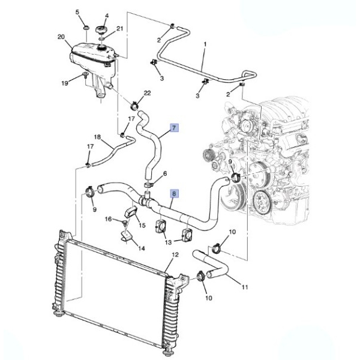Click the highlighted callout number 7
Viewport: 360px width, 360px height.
click(174, 128)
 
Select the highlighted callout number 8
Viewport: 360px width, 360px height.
click(174, 194)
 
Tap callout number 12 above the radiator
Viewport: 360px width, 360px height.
click(175, 254)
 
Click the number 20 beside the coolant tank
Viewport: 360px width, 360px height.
click(61, 37)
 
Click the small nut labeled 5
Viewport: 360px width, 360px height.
click(86, 28)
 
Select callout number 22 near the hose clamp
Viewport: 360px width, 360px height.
click(147, 93)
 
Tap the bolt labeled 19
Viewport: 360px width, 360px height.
click(85, 74)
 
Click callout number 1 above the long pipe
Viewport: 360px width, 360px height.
click(205, 44)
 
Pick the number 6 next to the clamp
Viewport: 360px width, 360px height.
click(165, 173)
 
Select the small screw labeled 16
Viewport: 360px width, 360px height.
click(124, 222)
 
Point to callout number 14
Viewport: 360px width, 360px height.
click(142, 248)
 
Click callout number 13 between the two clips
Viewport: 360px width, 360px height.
click(168, 242)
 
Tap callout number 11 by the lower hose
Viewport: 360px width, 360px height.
click(245, 287)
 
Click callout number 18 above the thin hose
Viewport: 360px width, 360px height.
click(97, 137)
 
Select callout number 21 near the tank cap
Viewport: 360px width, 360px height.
click(119, 29)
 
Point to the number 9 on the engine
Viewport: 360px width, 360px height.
click(230, 163)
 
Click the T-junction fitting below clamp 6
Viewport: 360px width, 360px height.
click(146, 198)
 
